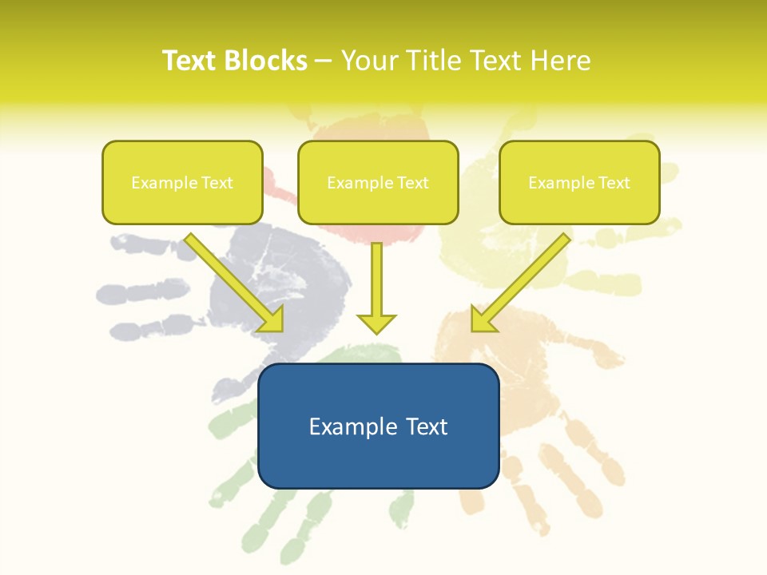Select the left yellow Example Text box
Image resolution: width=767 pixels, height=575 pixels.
[182, 182]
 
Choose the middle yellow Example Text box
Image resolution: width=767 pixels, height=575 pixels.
[378, 182]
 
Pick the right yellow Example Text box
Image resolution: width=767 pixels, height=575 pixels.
[579, 182]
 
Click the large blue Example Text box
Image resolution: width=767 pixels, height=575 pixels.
[378, 426]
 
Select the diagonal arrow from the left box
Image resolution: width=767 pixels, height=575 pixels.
[235, 283]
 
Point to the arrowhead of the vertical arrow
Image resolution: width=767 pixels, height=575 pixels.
[376, 323]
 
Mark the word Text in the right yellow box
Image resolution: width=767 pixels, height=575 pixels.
[614, 183]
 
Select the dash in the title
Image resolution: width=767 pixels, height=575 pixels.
[324, 61]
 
